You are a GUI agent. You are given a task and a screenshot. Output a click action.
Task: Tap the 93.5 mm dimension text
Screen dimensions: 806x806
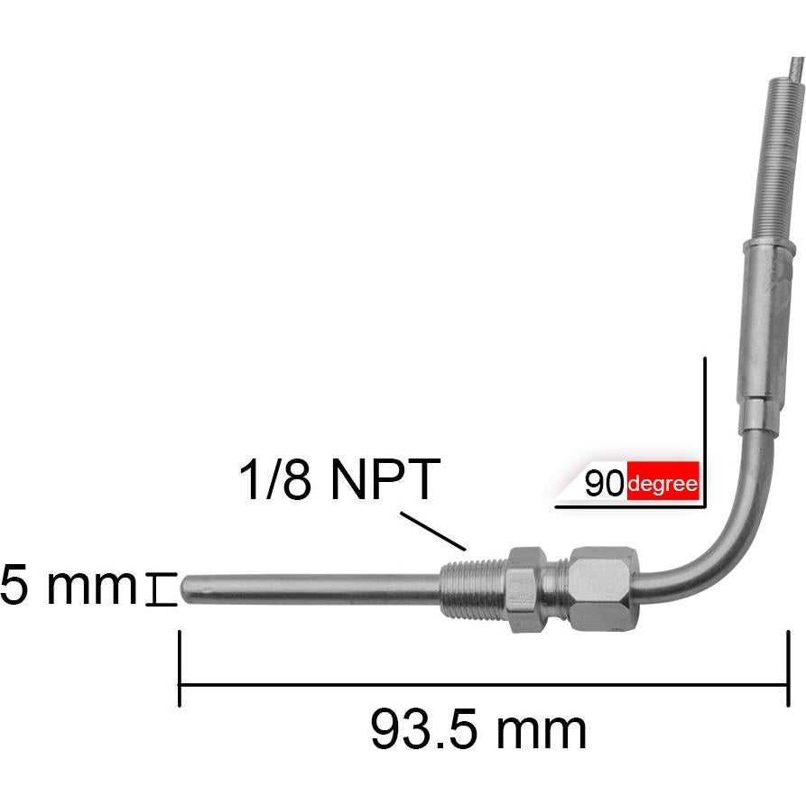478,728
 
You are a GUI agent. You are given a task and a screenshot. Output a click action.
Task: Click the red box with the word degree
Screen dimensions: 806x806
662,484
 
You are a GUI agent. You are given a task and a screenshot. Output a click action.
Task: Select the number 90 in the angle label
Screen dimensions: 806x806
604,485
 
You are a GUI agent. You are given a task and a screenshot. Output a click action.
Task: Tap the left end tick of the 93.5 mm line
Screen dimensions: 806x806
181,668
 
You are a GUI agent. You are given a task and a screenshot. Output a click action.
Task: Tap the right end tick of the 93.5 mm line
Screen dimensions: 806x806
788,668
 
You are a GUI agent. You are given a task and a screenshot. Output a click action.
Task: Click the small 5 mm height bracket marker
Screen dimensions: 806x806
161,589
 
